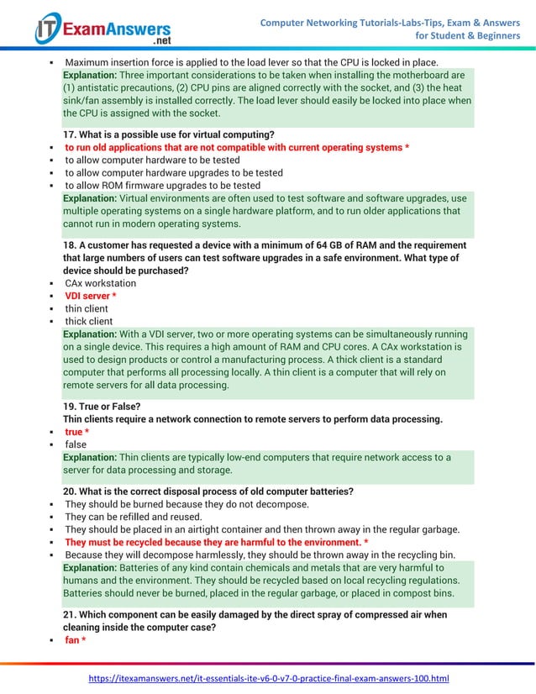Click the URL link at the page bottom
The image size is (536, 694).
269,678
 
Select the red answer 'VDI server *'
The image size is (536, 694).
91,296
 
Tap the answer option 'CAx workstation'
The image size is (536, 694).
100,283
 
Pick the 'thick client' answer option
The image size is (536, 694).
89,321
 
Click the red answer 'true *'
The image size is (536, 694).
77,432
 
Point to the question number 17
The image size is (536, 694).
71,134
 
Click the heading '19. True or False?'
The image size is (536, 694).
102,406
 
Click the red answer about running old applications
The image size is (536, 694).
237,147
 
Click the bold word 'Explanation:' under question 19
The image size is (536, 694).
90,457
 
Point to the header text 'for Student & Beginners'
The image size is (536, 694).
468,35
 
